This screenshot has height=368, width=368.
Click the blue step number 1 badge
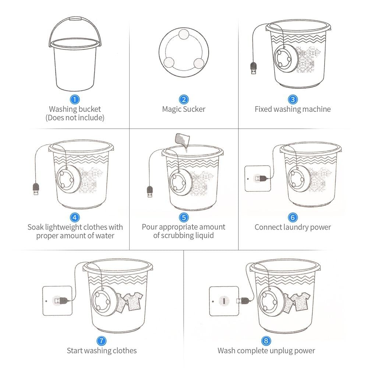(x=75, y=99)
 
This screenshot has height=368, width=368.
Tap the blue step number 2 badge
(x=184, y=99)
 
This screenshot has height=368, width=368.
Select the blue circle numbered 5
(x=184, y=218)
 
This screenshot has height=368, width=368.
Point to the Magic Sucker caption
(x=184, y=109)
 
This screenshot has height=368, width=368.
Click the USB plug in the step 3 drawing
(x=253, y=69)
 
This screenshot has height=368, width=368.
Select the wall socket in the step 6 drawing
(x=257, y=178)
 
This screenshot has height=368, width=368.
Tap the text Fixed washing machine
(x=293, y=109)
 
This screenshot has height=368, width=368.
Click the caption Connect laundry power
(x=293, y=227)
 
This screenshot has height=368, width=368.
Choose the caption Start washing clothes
(x=102, y=350)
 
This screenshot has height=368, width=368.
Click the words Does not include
(x=75, y=118)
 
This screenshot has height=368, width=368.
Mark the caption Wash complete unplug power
(x=266, y=350)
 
